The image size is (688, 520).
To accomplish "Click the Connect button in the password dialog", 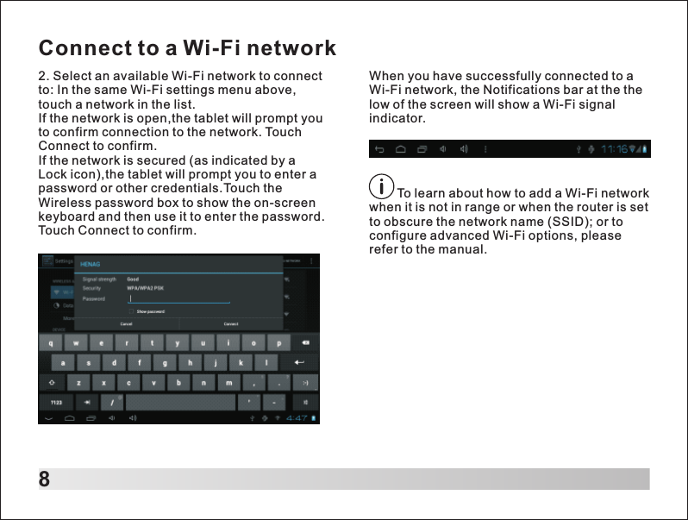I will [231, 324].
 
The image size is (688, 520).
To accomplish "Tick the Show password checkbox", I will [131, 311].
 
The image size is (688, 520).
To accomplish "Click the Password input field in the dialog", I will [179, 299].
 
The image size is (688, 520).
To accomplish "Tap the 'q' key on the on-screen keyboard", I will [52, 341].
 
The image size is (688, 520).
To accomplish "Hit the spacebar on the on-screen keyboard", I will [178, 403].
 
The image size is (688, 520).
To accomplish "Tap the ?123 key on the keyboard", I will [54, 403].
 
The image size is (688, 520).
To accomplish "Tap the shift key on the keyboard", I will [53, 383].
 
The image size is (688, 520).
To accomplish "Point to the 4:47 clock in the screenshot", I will [297, 418].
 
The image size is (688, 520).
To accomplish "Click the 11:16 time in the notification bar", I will [616, 149].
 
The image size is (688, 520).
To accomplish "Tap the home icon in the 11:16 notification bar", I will [401, 149].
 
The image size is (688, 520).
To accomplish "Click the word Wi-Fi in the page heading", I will [214, 47].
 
